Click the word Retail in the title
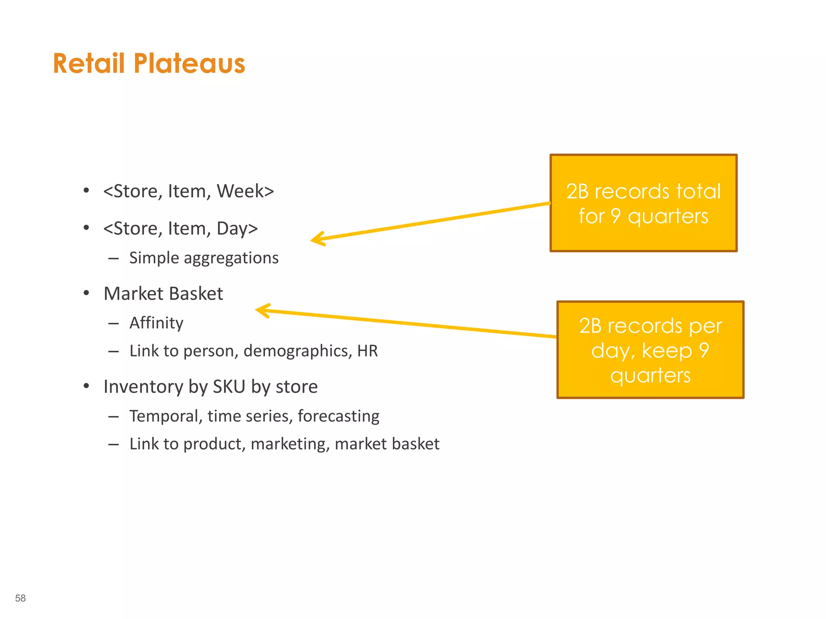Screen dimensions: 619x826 89,64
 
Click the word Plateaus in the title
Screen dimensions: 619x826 189,64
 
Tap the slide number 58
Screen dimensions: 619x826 20,598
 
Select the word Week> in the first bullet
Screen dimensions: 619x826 245,191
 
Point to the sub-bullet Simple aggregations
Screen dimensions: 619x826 204,258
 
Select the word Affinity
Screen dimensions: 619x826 156,323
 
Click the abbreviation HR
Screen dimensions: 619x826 367,351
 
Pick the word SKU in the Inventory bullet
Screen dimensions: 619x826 229,386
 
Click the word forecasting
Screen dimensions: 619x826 338,416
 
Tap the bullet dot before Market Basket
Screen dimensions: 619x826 86,293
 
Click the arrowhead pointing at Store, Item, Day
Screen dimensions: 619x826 317,239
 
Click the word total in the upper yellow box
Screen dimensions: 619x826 698,191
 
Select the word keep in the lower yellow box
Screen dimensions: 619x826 666,350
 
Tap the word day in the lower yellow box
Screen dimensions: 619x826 609,351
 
